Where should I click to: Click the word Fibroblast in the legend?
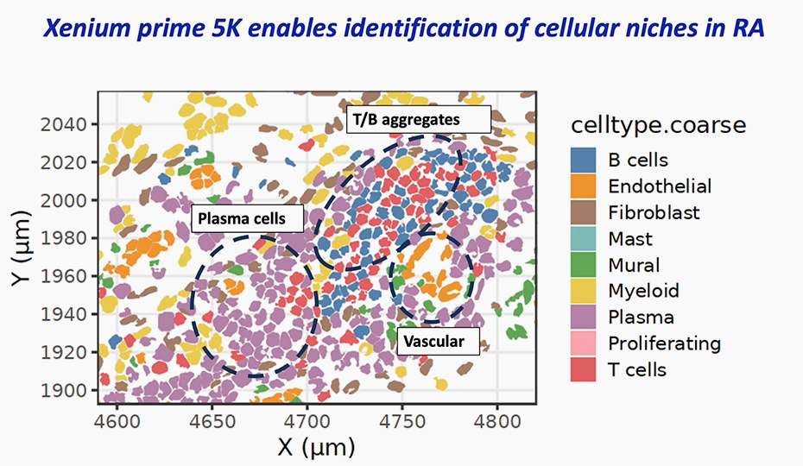click(654, 212)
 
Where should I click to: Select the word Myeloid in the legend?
click(643, 291)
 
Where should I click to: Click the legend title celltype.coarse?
click(658, 125)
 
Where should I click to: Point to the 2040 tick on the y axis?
click(63, 124)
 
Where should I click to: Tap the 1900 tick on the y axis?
click(63, 390)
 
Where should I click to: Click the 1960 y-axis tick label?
click(63, 276)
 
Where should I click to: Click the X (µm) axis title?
click(316, 447)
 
